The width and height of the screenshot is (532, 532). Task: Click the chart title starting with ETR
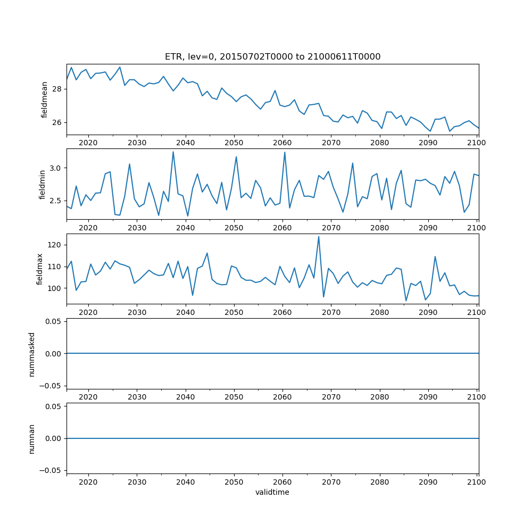tap(272, 57)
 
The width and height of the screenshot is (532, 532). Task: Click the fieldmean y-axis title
tap(45, 99)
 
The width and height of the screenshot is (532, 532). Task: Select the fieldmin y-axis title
tap(42, 184)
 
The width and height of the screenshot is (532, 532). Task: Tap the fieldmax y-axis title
tap(39, 269)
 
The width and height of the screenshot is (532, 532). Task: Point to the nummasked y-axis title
tap(31, 353)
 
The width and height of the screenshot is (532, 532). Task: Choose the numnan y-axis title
tap(31, 438)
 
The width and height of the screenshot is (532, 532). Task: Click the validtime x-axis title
tap(272, 492)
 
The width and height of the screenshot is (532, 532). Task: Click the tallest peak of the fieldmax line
tap(319, 237)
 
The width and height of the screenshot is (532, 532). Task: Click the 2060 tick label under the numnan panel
tap(282, 481)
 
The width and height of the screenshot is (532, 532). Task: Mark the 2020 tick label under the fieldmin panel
tap(88, 227)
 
